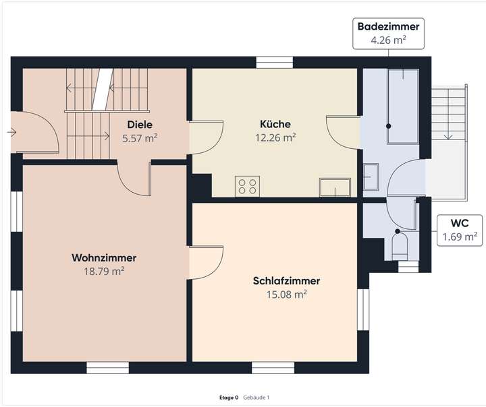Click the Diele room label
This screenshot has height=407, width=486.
click(x=140, y=125)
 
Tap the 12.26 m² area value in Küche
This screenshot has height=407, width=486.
click(x=275, y=137)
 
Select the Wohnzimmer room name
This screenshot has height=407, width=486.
click(x=104, y=258)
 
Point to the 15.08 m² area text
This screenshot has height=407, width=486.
click(x=286, y=294)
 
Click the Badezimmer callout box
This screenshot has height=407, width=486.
click(x=388, y=33)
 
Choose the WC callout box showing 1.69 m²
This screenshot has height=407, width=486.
click(x=460, y=230)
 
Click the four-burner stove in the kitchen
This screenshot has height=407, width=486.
click(x=247, y=186)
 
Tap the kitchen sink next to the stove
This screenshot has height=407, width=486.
click(x=335, y=187)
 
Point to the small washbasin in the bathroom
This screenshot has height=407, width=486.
click(x=371, y=178)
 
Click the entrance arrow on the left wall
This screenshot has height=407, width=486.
click(x=11, y=132)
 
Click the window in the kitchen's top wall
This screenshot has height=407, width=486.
click(x=275, y=63)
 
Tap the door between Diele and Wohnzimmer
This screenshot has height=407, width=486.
click(x=134, y=177)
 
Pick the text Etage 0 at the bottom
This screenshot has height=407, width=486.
click(x=229, y=398)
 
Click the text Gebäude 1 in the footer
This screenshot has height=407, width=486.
click(x=256, y=398)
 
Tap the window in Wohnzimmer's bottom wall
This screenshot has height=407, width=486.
click(x=107, y=367)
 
